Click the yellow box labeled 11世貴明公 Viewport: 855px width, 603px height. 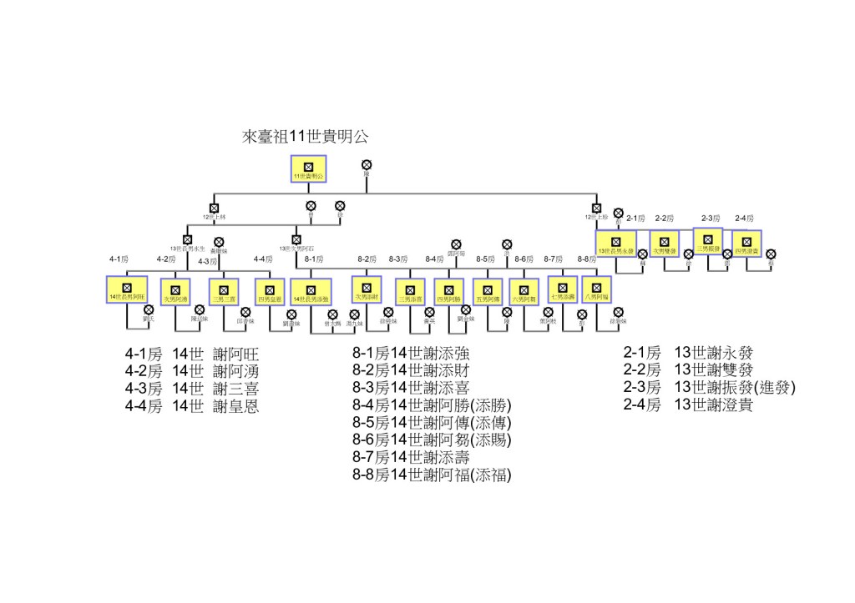coord(307,168)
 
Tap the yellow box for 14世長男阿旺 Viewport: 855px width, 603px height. coord(127,289)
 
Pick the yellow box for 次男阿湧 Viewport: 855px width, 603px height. coord(175,291)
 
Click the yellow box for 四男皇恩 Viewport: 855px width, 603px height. coord(270,291)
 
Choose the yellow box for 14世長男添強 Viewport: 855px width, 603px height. coord(311,291)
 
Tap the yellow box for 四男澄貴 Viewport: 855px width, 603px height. coord(747,243)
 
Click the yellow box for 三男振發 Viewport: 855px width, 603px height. coord(708,240)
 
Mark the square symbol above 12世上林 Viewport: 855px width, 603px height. coord(214,208)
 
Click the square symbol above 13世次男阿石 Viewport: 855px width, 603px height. coord(296,239)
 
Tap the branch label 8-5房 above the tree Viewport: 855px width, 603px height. coord(486,259)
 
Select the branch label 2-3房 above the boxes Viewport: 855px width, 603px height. coord(711,219)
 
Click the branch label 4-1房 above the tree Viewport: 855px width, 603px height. coord(118,259)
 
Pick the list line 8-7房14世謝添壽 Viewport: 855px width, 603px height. coord(411,458)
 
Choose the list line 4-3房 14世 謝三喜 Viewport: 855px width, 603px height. coord(191,388)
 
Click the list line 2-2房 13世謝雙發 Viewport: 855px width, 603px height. coord(688,370)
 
